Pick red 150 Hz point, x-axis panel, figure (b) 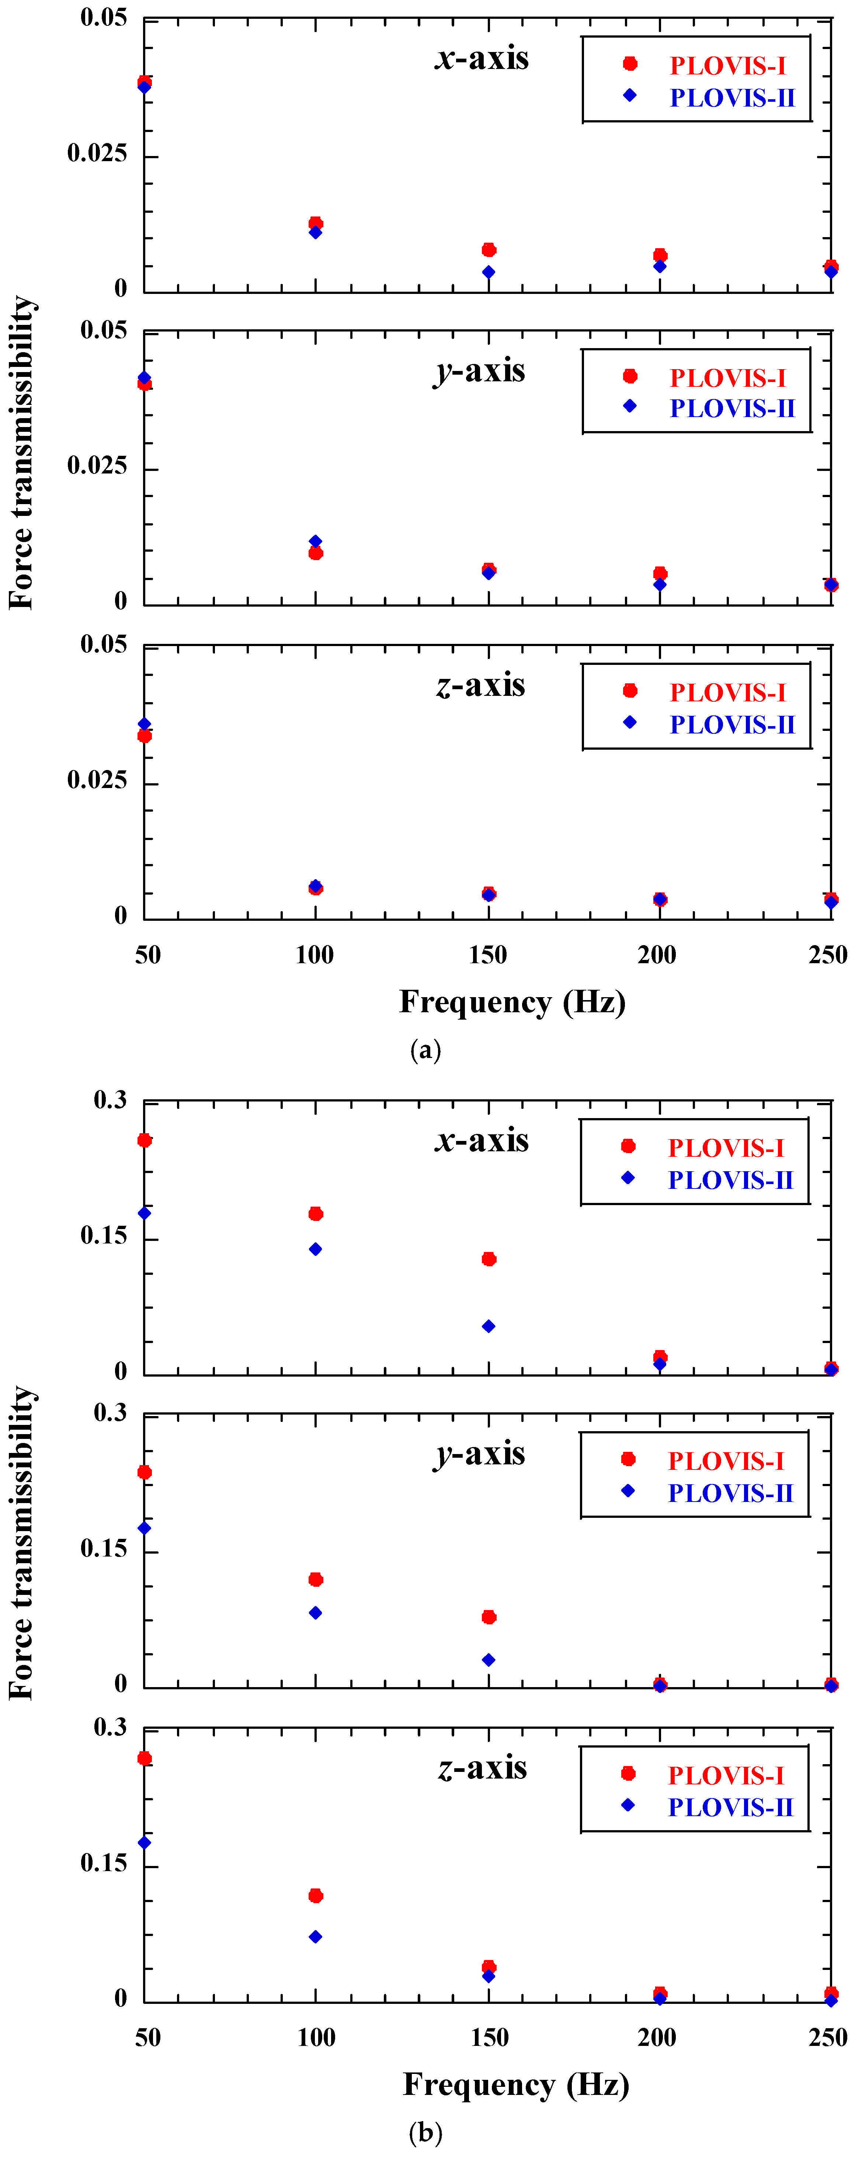pyautogui.click(x=489, y=1259)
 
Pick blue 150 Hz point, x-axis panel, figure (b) pyautogui.click(x=489, y=1326)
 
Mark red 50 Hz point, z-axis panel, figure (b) pyautogui.click(x=145, y=1758)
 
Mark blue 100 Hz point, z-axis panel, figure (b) pyautogui.click(x=316, y=1937)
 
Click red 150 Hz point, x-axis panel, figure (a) pyautogui.click(x=489, y=250)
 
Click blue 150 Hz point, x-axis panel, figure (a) pyautogui.click(x=489, y=272)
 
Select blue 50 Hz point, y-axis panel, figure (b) pyautogui.click(x=145, y=1528)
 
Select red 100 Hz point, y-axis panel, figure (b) pyautogui.click(x=316, y=1579)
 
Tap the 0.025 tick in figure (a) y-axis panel pyautogui.click(x=97, y=466)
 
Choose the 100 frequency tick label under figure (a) pyautogui.click(x=315, y=955)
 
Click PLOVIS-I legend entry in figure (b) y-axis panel pyautogui.click(x=725, y=1461)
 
